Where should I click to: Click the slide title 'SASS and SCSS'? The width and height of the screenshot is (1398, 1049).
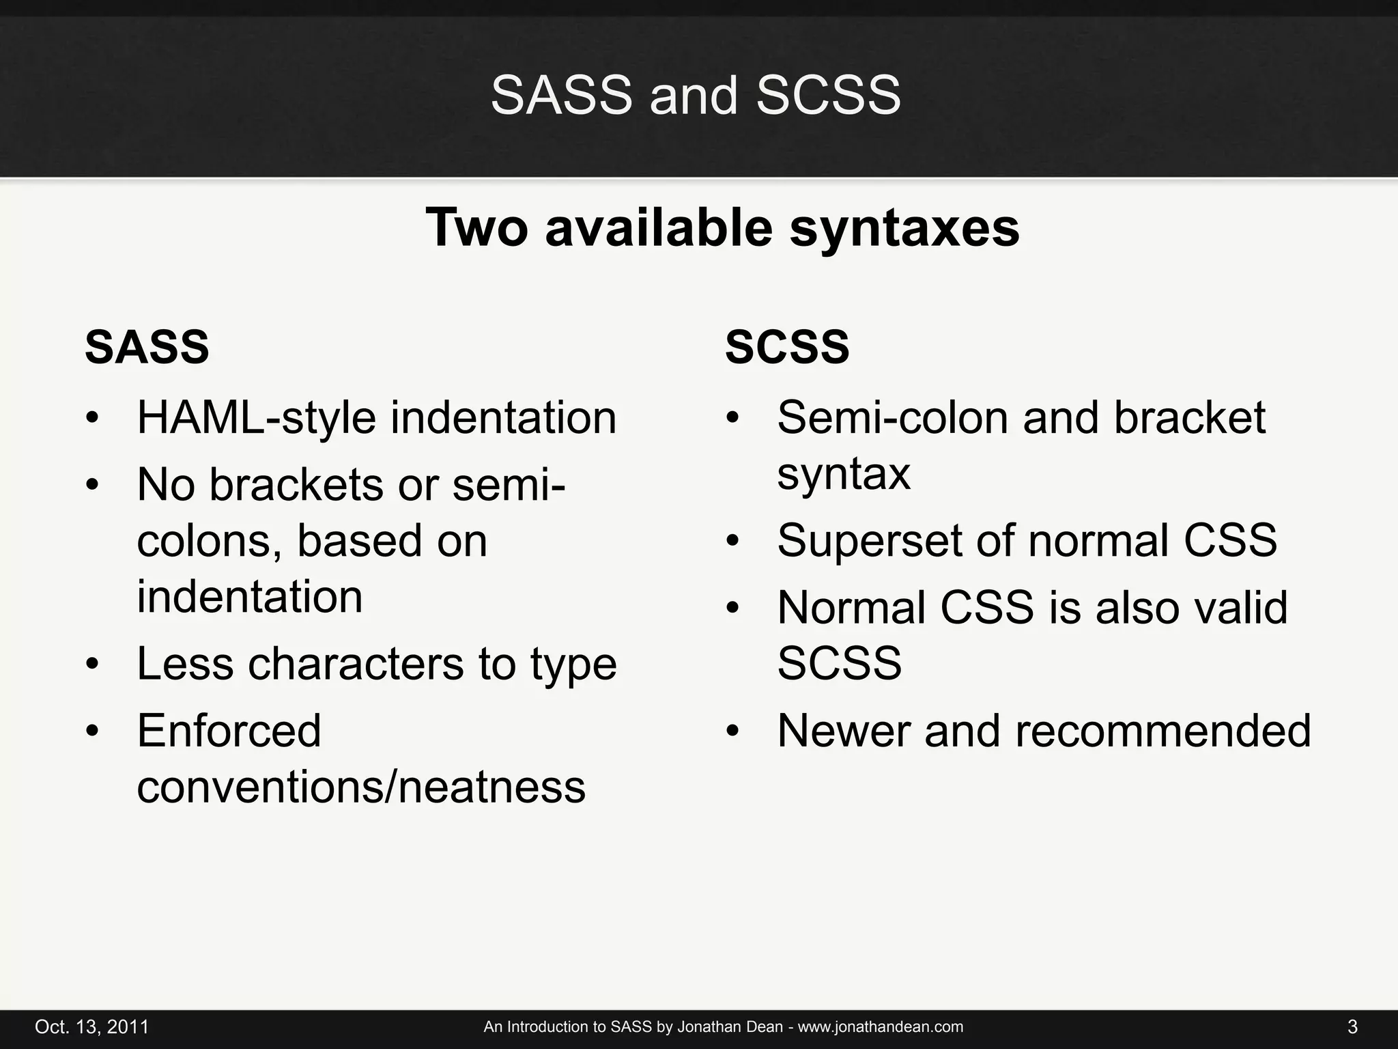[696, 95]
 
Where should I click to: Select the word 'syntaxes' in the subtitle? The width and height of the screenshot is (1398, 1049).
[904, 228]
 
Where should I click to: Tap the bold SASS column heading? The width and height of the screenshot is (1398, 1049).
[147, 347]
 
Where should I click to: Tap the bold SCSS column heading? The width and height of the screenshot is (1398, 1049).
[787, 347]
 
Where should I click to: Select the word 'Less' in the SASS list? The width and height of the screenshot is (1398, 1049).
[185, 663]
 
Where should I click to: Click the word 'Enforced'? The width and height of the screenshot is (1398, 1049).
[229, 731]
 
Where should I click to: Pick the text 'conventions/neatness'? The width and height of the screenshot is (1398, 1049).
[361, 787]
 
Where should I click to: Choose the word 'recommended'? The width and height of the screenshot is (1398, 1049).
[1163, 731]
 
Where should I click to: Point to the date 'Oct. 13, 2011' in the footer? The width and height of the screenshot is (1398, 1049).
[91, 1027]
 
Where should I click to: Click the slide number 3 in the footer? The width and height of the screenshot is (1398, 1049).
[1352, 1027]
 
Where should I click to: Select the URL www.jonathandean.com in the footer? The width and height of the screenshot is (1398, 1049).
[881, 1027]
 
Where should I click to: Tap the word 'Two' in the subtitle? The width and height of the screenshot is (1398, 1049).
[476, 228]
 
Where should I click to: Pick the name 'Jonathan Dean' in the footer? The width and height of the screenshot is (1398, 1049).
[730, 1027]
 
